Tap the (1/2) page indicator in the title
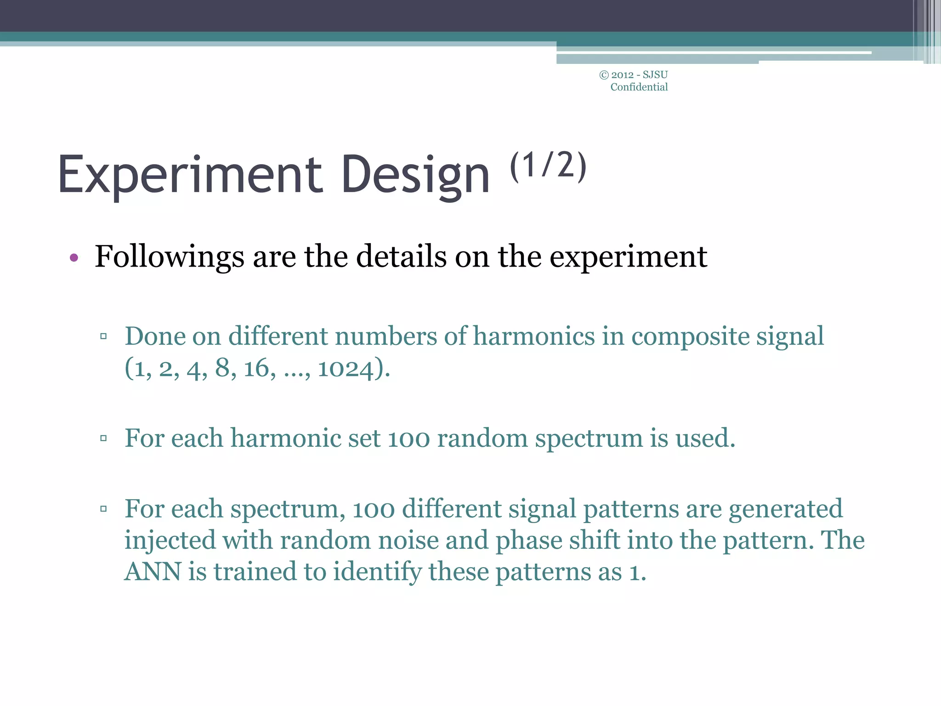tap(548, 165)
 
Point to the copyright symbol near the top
tap(604, 75)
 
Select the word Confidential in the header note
tap(639, 87)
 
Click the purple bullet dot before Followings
tap(74, 258)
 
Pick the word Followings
tap(169, 257)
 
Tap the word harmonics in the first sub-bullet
tap(534, 336)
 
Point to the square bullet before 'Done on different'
tap(103, 336)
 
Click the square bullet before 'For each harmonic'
tap(103, 438)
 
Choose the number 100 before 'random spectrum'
tap(408, 438)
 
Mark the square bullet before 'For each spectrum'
tap(103, 509)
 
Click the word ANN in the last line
tap(153, 572)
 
